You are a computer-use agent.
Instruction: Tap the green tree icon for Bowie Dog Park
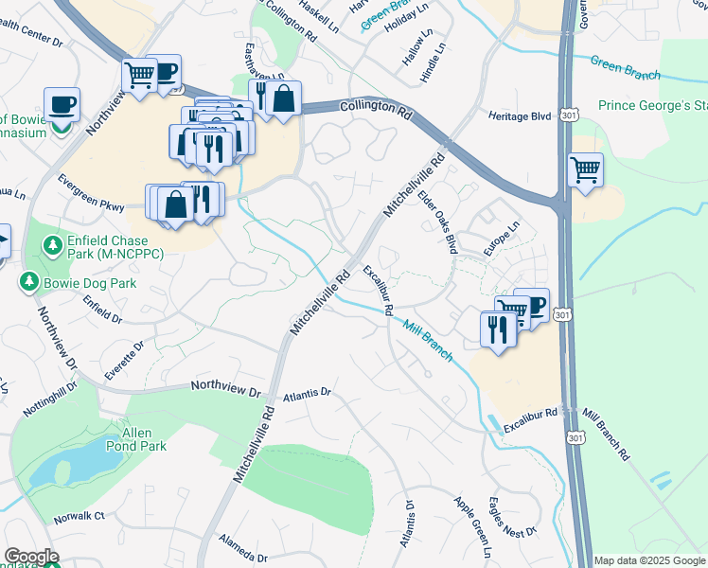point(30,282)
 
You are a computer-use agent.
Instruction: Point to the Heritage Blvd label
point(520,115)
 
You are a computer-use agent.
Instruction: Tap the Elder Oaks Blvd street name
point(438,221)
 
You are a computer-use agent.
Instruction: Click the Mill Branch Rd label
point(606,435)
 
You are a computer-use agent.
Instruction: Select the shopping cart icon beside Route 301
point(586,170)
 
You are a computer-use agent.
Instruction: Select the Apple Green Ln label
point(473,524)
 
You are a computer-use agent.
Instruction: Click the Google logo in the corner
point(31,557)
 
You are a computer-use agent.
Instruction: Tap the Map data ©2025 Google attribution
point(648,560)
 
